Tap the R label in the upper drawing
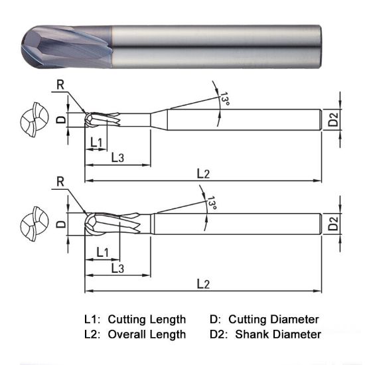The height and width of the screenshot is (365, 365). [x=60, y=83]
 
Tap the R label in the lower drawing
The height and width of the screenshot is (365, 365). [x=60, y=181]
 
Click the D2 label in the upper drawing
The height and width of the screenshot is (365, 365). [x=333, y=119]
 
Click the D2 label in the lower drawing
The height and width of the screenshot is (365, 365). [x=333, y=223]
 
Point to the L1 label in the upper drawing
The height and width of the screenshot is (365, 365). [x=96, y=143]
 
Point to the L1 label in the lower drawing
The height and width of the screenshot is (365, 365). [x=103, y=252]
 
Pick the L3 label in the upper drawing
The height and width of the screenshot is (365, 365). [x=117, y=157]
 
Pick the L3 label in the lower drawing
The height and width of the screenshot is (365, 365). [x=117, y=268]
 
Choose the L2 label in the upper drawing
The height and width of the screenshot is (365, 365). [x=203, y=173]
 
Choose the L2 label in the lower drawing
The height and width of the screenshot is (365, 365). [x=203, y=284]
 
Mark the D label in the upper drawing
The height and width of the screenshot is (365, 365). [x=60, y=119]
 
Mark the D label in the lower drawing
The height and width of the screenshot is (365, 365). [x=60, y=224]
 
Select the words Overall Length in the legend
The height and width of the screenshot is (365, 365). [x=147, y=334]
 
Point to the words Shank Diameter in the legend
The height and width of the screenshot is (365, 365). [x=278, y=334]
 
